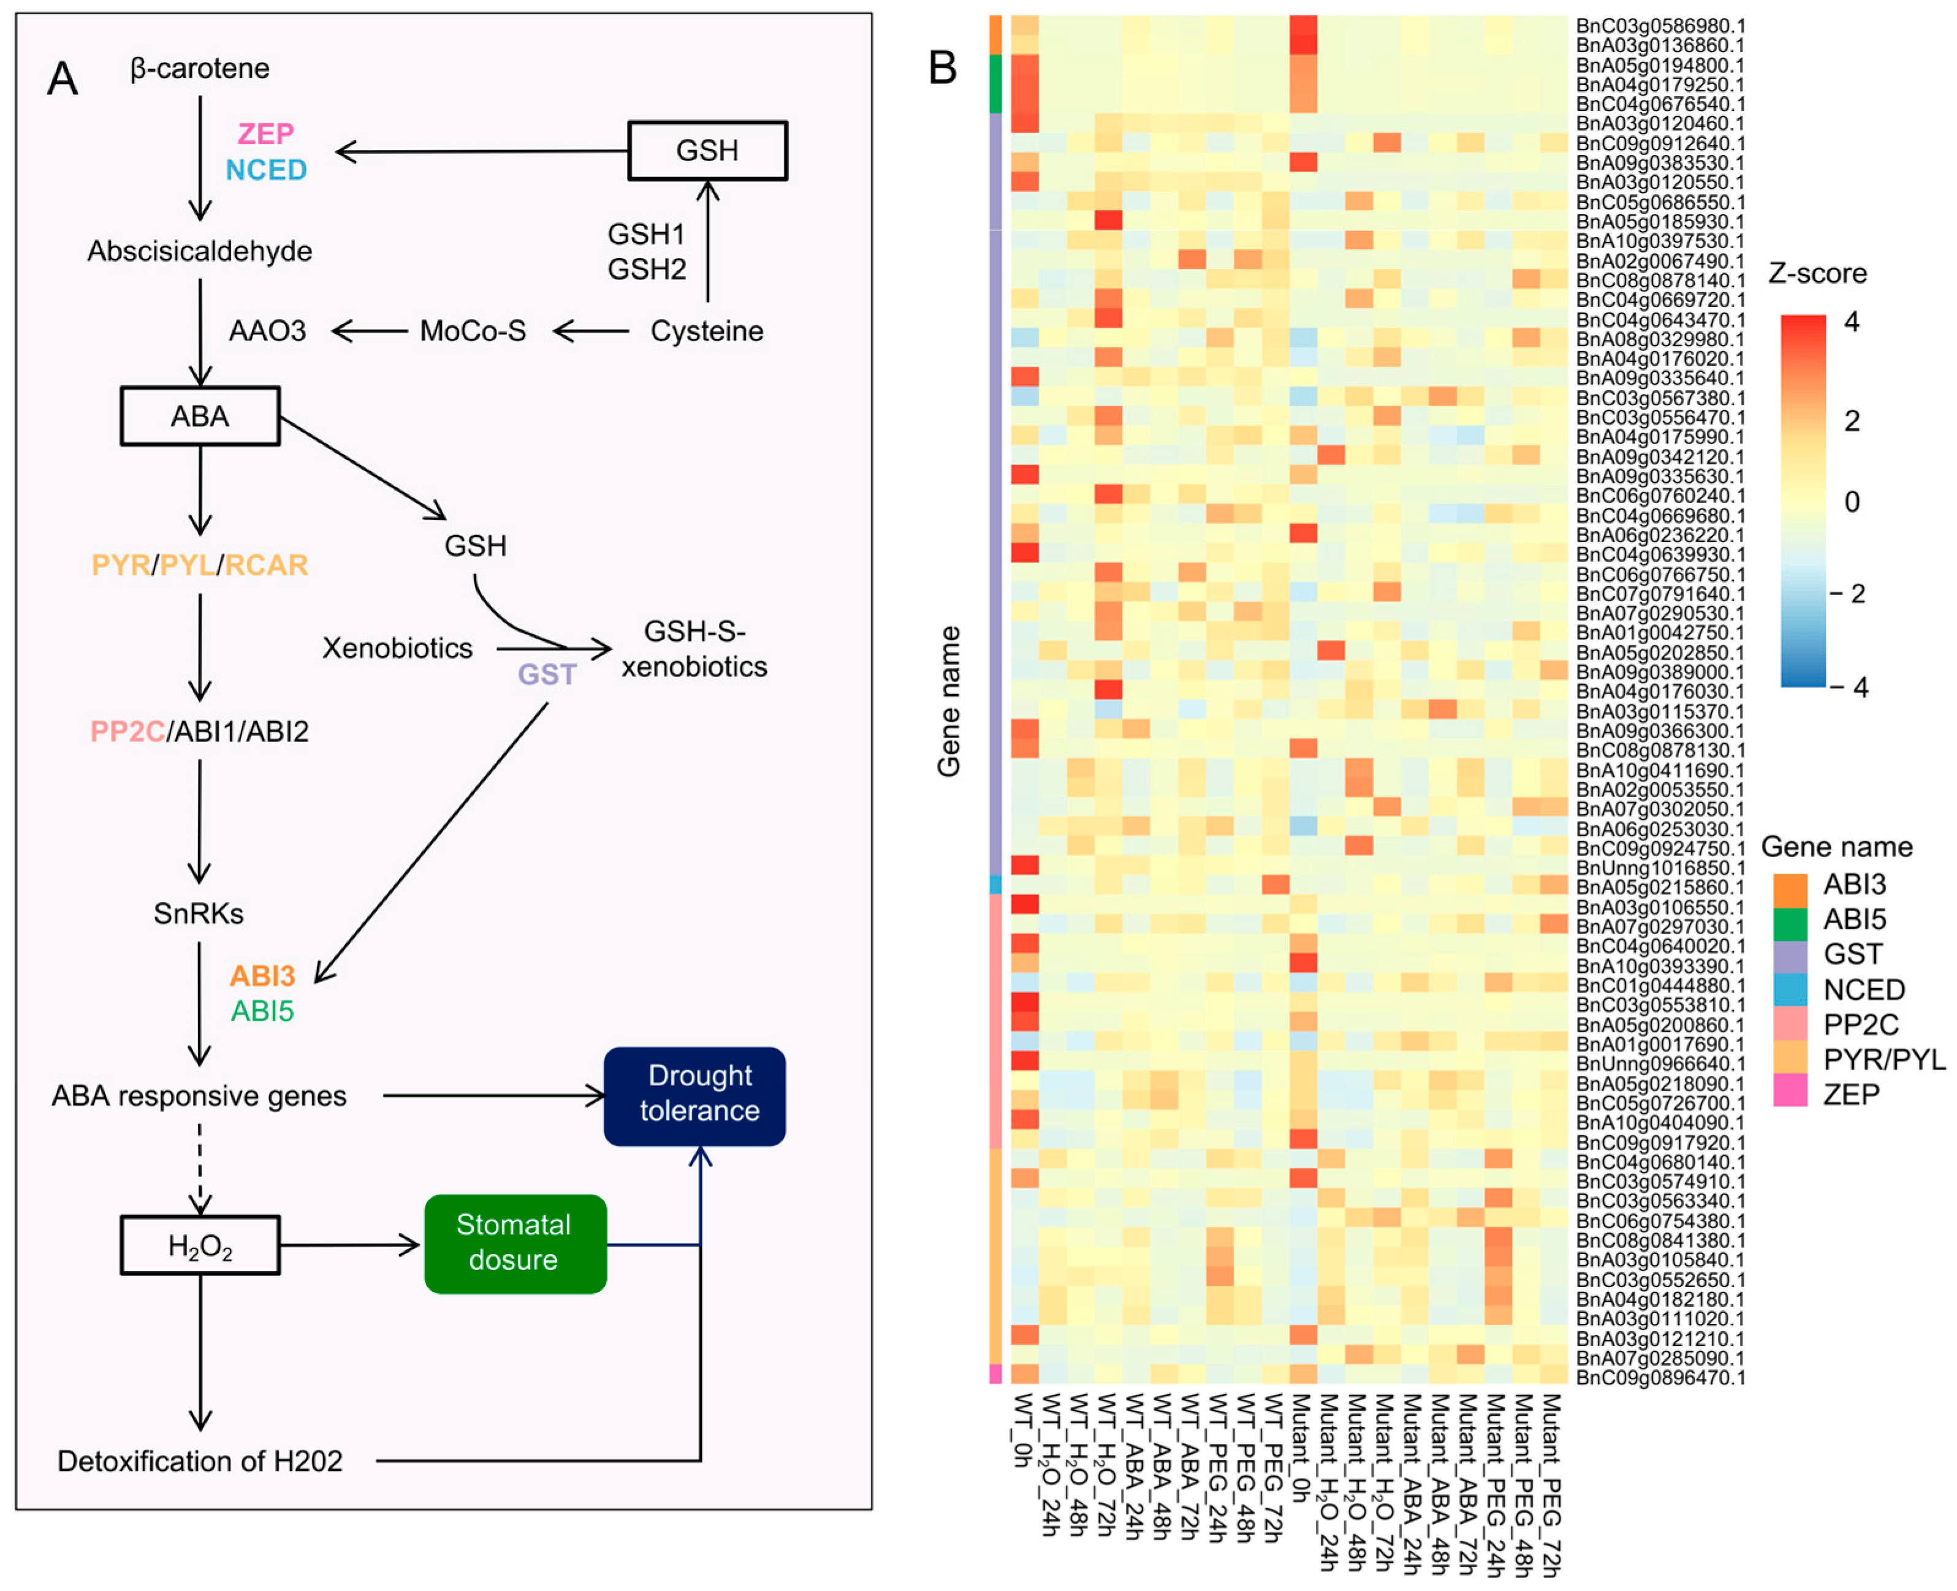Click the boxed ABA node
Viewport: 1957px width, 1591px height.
click(x=200, y=416)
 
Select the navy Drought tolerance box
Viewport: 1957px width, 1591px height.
click(x=695, y=1096)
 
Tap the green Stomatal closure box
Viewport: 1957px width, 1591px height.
click(x=515, y=1244)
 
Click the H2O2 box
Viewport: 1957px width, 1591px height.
click(x=200, y=1245)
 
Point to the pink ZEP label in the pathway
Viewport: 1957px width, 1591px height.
click(x=266, y=134)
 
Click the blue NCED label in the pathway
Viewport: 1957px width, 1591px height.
click(x=266, y=170)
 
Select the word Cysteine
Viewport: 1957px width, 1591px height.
click(x=707, y=331)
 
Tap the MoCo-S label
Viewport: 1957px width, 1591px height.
click(x=473, y=331)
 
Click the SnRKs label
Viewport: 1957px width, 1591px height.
click(x=199, y=913)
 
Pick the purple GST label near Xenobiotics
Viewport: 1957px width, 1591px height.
click(x=547, y=675)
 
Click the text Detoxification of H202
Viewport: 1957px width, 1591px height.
click(x=200, y=1461)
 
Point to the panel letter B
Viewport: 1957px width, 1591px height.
click(x=943, y=68)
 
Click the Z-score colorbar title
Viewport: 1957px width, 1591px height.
click(x=1818, y=273)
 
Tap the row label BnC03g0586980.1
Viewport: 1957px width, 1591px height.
click(x=1660, y=26)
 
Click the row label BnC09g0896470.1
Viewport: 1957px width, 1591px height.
click(x=1660, y=1377)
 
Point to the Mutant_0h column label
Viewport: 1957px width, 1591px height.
click(x=1302, y=1445)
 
